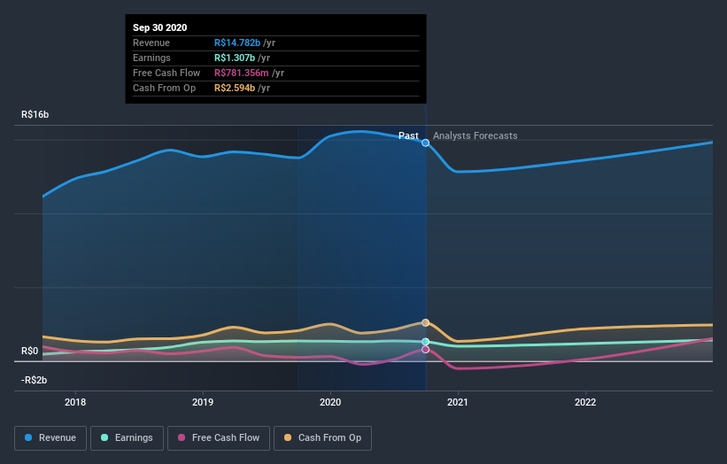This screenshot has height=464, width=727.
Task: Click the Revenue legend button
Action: (x=50, y=437)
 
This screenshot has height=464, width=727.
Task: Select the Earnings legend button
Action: (x=127, y=437)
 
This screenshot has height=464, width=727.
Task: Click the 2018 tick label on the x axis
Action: (x=75, y=401)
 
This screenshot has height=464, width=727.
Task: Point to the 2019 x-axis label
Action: (x=203, y=401)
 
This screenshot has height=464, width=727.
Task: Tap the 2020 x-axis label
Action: (x=330, y=401)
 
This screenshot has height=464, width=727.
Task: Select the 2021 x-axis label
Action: (x=458, y=401)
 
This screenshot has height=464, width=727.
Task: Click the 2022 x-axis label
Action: (x=585, y=401)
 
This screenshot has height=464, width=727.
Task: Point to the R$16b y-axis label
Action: (x=35, y=115)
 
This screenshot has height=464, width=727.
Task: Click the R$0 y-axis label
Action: (x=29, y=352)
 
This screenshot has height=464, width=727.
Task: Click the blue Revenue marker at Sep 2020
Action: (x=426, y=143)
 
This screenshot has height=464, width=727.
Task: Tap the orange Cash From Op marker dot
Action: (x=426, y=323)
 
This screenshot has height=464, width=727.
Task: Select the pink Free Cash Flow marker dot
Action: (x=426, y=350)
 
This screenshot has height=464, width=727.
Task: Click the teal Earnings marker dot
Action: (x=426, y=342)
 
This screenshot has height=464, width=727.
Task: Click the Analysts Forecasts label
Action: (x=475, y=135)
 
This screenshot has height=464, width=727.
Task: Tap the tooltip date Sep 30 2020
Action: (x=160, y=28)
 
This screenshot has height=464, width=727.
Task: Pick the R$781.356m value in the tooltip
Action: (x=242, y=73)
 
